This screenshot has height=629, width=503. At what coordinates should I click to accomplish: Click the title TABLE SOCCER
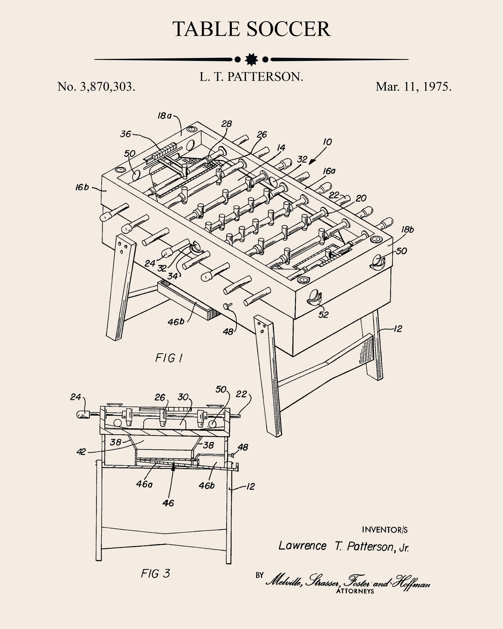click(251, 29)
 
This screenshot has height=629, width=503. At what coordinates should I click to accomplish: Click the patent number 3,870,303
click(96, 87)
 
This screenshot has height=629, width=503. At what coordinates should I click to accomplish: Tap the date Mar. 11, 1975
click(414, 87)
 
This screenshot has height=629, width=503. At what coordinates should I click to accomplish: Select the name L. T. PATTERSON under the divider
click(251, 77)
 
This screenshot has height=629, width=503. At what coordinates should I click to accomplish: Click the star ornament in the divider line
click(251, 60)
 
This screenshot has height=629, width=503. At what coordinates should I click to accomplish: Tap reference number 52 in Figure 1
click(323, 314)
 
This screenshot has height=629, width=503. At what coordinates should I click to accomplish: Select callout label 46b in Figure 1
click(176, 322)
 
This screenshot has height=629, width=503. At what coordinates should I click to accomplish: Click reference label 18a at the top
click(164, 116)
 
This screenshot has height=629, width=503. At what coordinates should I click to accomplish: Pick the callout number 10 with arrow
click(327, 142)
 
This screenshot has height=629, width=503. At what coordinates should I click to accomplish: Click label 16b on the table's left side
click(82, 187)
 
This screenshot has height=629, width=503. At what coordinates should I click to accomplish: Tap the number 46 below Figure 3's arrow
click(168, 503)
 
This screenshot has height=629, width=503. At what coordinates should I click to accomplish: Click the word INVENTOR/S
click(385, 530)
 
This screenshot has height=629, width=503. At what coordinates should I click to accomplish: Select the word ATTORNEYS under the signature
click(355, 591)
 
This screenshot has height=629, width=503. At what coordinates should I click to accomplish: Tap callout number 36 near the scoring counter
click(126, 134)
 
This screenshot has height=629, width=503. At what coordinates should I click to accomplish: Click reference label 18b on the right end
click(407, 230)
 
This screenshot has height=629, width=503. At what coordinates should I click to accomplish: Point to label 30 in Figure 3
click(183, 397)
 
